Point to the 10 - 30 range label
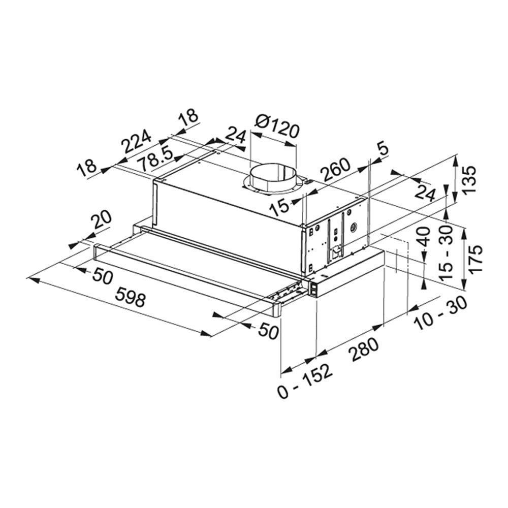point(441,313)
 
